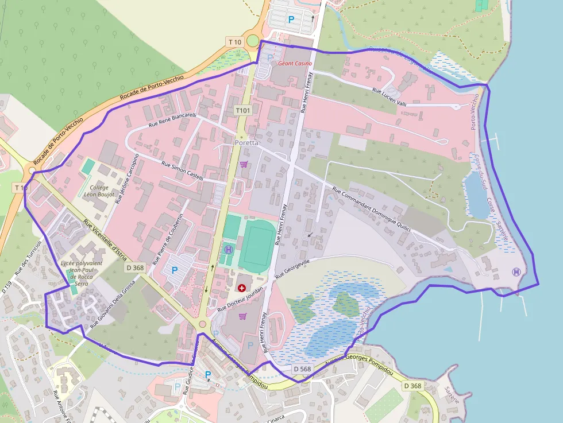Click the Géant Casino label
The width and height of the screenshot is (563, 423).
[x=295, y=63]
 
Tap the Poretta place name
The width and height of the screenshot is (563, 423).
[x=247, y=142]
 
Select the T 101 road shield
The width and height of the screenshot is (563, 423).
[x=243, y=110]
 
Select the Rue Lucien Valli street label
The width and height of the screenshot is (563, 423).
[x=389, y=96]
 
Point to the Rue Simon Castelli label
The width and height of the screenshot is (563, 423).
[x=182, y=171]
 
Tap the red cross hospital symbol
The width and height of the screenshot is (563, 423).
[x=241, y=286]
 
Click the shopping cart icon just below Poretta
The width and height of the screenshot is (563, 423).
[x=244, y=164]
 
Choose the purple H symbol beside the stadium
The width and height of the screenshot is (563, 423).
[x=229, y=249]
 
